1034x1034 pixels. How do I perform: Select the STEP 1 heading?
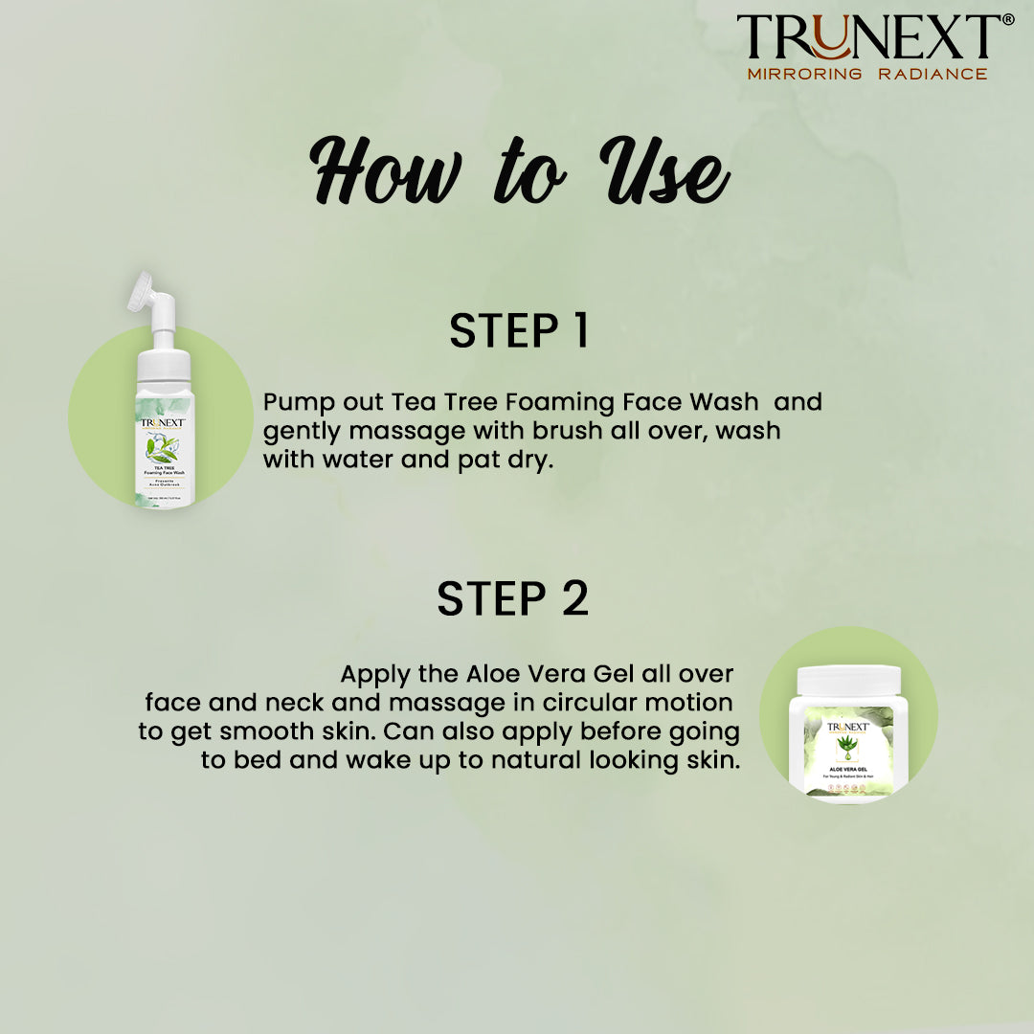click(518, 330)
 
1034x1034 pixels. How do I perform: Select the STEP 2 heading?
click(512, 598)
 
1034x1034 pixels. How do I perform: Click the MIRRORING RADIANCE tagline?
click(866, 74)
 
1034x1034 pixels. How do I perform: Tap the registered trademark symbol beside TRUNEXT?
click(1006, 20)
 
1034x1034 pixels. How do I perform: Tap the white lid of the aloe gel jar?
click(848, 681)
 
